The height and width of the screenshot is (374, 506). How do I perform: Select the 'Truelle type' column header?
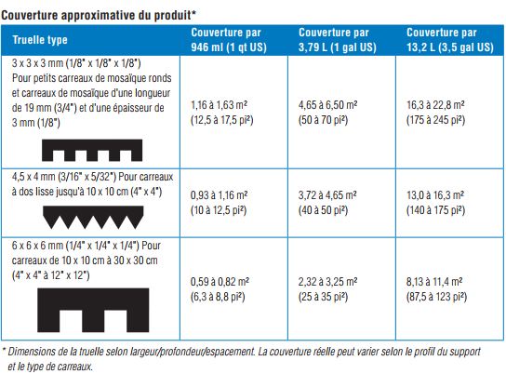[x=40, y=40]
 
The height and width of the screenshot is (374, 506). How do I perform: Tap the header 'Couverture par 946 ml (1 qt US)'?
[x=229, y=40]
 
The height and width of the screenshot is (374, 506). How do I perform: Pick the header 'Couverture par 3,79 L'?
[x=338, y=40]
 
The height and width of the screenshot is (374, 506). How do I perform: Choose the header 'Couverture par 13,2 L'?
[x=450, y=40]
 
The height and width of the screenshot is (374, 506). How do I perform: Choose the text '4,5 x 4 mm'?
[x=33, y=177]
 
